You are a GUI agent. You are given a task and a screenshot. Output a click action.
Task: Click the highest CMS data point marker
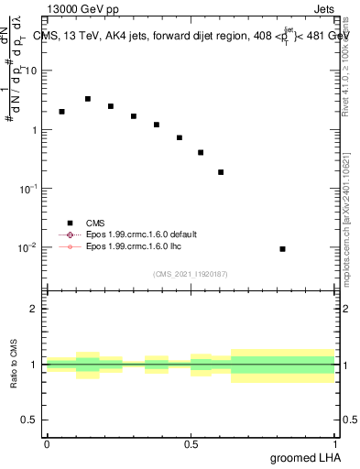[88, 99]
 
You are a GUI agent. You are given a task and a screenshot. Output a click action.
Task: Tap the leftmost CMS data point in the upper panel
[61, 112]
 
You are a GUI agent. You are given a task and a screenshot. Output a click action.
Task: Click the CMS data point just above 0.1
[221, 172]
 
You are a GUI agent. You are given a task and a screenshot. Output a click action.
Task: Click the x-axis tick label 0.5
[191, 443]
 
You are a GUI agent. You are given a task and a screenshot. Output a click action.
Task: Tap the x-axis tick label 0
[47, 443]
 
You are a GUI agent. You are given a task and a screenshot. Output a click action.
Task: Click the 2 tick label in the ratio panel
[35, 309]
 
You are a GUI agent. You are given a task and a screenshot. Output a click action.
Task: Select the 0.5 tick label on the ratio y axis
[31, 420]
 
